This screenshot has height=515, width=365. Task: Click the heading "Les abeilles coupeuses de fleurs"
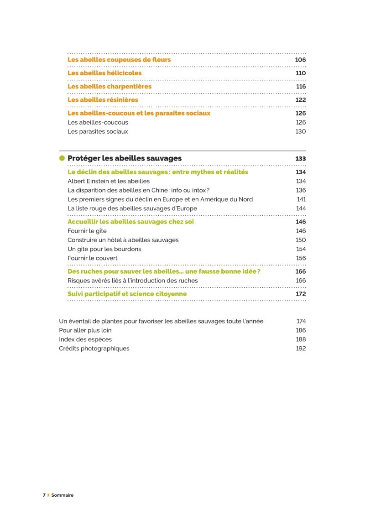pos(119,60)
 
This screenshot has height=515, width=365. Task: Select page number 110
pos(300,73)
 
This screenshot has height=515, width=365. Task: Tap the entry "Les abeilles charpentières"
pos(109,86)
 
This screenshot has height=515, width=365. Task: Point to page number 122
pos(300,100)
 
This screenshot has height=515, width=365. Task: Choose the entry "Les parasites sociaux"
pos(98,131)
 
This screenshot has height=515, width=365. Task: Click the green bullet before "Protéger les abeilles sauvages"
pos(62,158)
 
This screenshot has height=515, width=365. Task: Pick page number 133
pos(300,158)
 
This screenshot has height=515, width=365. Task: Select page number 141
pos(301,199)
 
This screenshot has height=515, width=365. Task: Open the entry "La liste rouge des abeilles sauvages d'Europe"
pos(132,208)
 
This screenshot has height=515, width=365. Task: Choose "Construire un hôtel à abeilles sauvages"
pos(123,240)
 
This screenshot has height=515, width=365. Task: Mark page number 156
pos(301,258)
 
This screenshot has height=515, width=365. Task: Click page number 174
pos(301,321)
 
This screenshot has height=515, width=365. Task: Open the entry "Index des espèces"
pos(85,339)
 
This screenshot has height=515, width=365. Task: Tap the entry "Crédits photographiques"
pos(94,349)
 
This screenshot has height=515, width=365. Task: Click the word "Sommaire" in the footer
pos(62,495)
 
